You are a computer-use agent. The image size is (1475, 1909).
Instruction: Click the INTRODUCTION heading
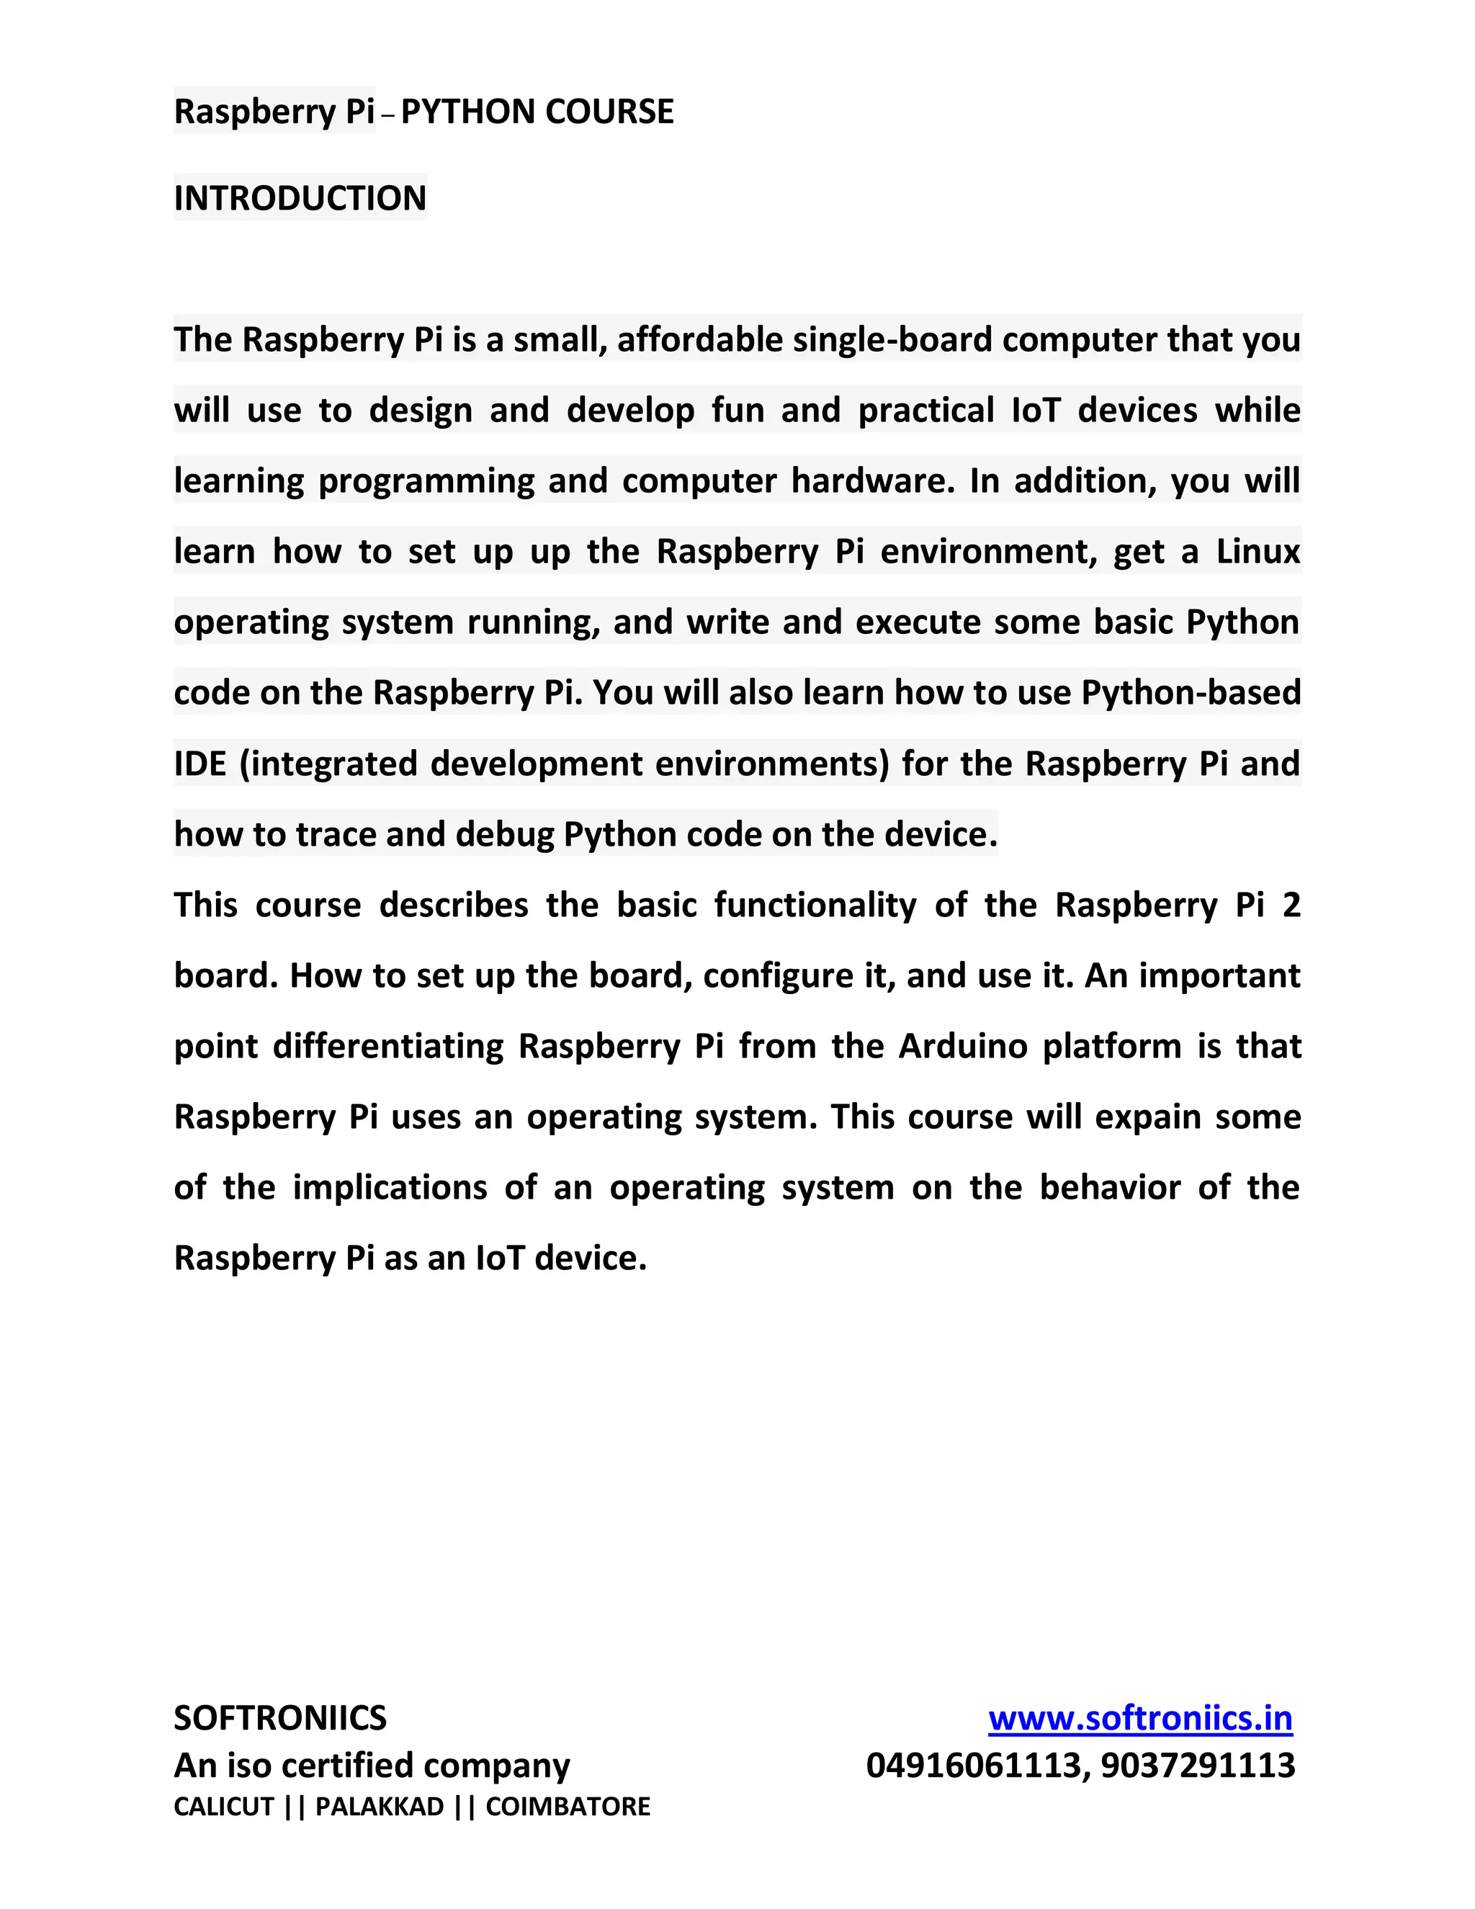pos(300,198)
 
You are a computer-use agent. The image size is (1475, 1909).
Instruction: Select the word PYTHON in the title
pos(467,112)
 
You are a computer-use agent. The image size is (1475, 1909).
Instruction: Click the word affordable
pos(700,340)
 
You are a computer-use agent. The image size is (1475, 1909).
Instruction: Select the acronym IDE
pos(200,763)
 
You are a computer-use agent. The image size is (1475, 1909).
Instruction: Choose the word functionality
pos(815,905)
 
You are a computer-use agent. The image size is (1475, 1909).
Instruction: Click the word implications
pos(390,1188)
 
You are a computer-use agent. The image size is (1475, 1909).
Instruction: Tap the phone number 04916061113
pos(972,1766)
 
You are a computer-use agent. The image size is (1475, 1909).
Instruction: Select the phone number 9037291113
pos(1198,1766)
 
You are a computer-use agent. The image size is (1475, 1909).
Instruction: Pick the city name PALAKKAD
pos(380,1807)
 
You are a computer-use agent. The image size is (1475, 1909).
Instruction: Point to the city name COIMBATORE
pos(568,1807)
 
